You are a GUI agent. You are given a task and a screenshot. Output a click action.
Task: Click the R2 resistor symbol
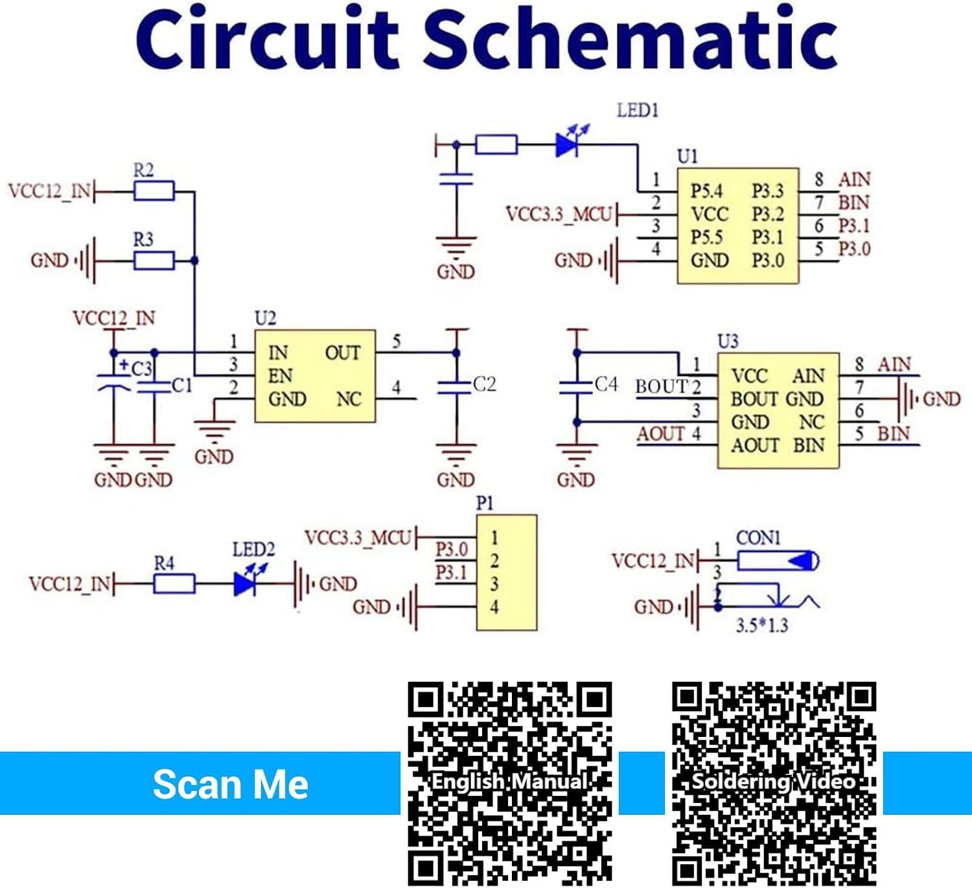click(x=154, y=191)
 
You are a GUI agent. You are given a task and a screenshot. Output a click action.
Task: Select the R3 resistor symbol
click(x=154, y=261)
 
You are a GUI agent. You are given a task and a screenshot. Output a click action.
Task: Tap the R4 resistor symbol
click(x=174, y=583)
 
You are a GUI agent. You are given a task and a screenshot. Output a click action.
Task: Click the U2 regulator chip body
click(x=315, y=376)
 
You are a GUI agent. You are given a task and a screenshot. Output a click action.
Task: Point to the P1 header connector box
click(x=506, y=572)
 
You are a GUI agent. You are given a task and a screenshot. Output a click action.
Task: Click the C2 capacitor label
click(x=485, y=384)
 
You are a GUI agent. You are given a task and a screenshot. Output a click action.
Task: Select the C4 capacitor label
click(x=606, y=384)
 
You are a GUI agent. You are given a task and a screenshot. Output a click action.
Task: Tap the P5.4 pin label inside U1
click(x=706, y=191)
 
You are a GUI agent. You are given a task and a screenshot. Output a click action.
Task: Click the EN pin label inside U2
click(x=280, y=376)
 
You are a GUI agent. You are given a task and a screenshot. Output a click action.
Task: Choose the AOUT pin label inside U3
click(x=755, y=445)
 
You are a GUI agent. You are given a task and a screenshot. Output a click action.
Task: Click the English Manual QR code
click(x=510, y=784)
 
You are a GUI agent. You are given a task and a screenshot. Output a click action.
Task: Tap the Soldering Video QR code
click(x=774, y=784)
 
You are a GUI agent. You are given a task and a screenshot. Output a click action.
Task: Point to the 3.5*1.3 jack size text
click(x=762, y=625)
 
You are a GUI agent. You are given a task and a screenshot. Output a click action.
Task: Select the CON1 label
click(x=758, y=537)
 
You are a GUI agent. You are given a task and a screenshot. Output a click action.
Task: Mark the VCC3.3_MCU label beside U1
click(x=559, y=215)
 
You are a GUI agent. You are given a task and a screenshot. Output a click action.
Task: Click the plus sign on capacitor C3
click(x=124, y=364)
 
